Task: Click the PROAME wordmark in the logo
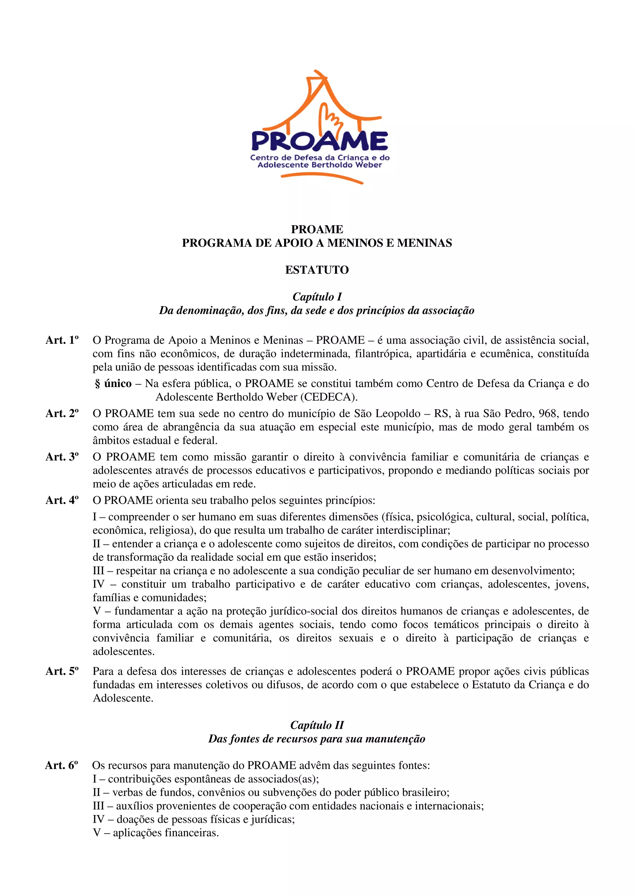[x=319, y=141]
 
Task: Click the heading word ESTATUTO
[x=317, y=270]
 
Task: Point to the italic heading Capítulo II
[x=317, y=725]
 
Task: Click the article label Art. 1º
[x=62, y=340]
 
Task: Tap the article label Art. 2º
[x=62, y=414]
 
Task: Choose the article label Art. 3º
[x=62, y=457]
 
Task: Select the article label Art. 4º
[x=62, y=500]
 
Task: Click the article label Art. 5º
[x=62, y=671]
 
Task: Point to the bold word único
[x=118, y=384]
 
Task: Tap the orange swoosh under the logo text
[x=322, y=178]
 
